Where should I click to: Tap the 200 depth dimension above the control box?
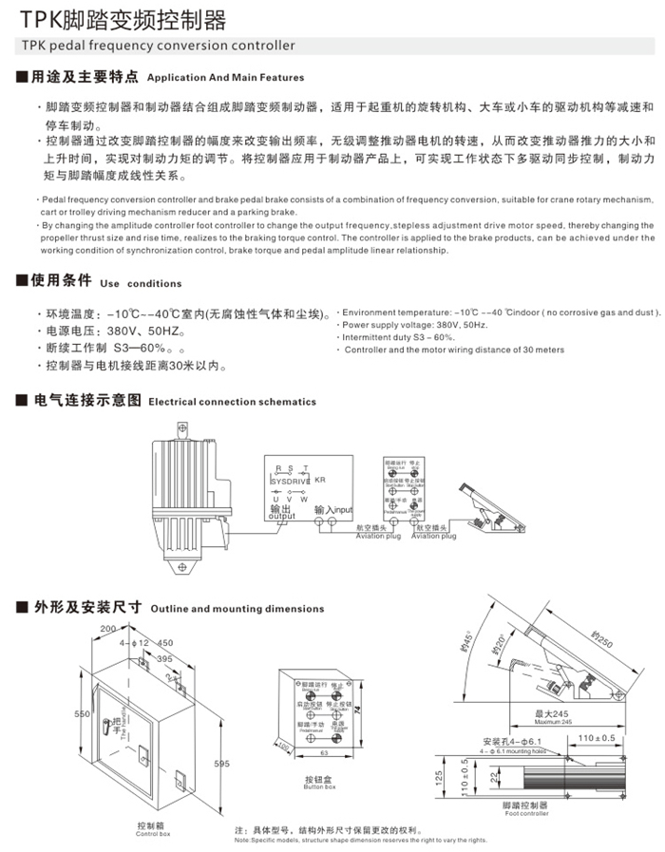[105, 629]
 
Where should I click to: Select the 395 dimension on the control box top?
[164, 658]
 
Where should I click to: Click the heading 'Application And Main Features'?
[226, 78]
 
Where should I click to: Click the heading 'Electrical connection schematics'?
[232, 402]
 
